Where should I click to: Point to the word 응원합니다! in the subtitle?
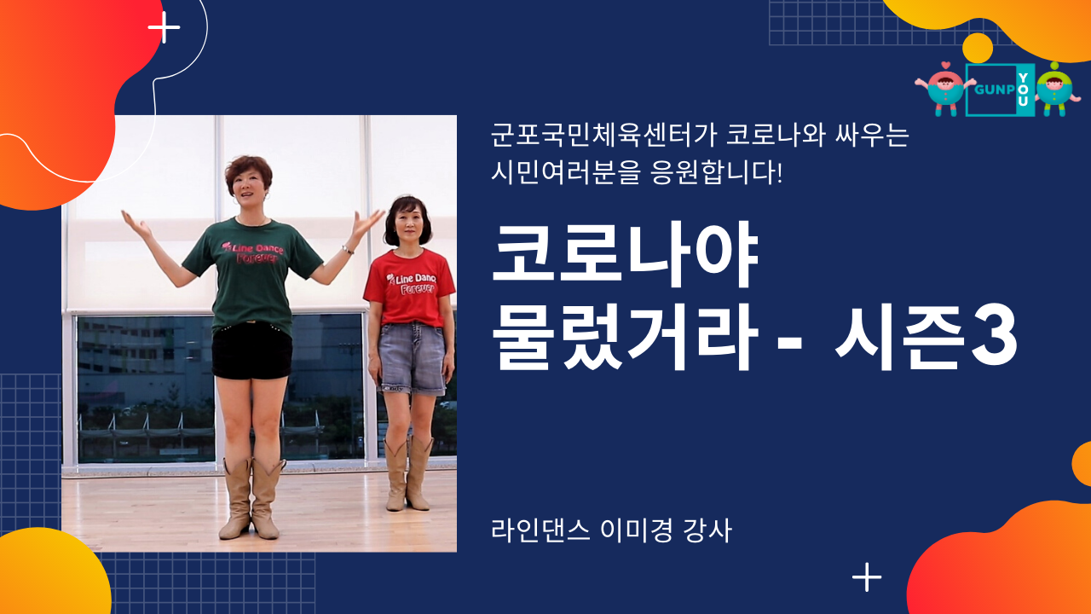[x=716, y=172]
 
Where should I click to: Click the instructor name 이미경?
[x=637, y=530]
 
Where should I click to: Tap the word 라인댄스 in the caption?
[x=541, y=530]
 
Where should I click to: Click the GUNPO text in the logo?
[x=995, y=90]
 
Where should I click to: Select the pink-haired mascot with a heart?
[x=945, y=89]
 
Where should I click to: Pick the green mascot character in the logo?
[x=1055, y=90]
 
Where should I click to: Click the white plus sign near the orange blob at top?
[x=165, y=27]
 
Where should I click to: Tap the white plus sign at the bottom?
[x=867, y=577]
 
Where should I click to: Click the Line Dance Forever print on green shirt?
[x=252, y=252]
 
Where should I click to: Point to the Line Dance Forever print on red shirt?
[x=412, y=284]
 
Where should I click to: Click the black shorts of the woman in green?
[x=251, y=350]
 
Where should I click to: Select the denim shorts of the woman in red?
[x=412, y=359]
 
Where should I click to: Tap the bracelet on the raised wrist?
[x=347, y=250]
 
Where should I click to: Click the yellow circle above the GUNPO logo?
[x=978, y=49]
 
